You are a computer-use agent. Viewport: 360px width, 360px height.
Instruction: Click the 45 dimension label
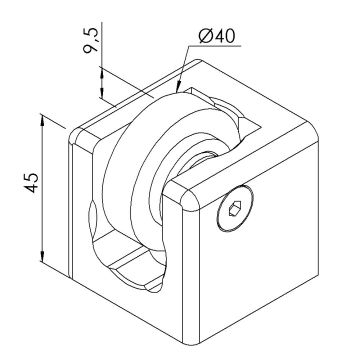click(x=31, y=183)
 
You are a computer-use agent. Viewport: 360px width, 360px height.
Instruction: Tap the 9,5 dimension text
click(x=91, y=41)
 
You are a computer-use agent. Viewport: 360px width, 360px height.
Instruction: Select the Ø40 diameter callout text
click(x=217, y=36)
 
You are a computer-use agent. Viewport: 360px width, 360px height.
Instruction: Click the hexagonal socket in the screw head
click(x=235, y=208)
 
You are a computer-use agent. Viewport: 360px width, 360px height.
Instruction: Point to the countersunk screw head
click(x=235, y=208)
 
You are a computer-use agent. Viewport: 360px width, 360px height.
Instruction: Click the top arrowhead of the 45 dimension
click(x=42, y=120)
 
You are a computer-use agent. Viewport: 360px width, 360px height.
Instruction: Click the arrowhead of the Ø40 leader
click(x=178, y=87)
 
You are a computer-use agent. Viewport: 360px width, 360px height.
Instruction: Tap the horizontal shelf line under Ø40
click(x=214, y=46)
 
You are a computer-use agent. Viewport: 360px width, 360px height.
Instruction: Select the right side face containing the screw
click(x=259, y=229)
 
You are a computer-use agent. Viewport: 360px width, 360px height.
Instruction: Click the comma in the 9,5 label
click(x=97, y=39)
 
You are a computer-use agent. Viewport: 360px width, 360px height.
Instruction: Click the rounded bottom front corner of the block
click(x=191, y=340)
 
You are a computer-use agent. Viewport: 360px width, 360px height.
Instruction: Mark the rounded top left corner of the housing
click(x=74, y=135)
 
